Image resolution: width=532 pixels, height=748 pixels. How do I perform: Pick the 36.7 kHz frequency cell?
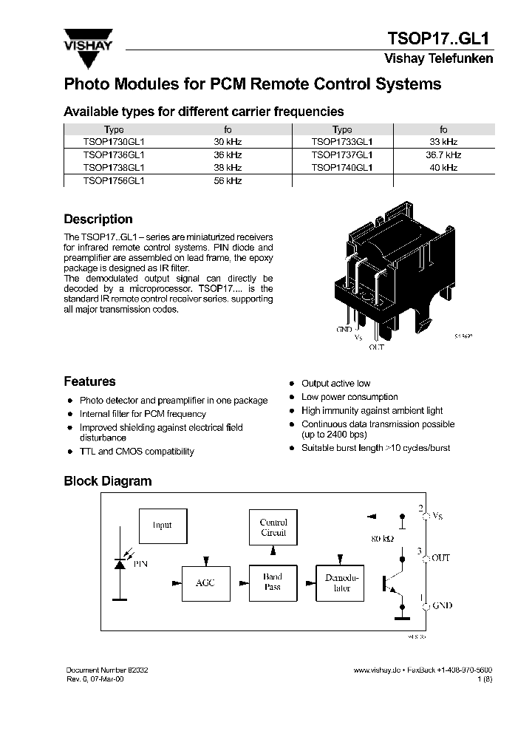click(443, 155)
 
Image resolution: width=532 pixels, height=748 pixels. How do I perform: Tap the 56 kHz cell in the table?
click(228, 180)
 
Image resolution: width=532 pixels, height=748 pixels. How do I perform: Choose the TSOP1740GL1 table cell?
click(342, 168)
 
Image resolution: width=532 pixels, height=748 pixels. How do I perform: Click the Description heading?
click(98, 220)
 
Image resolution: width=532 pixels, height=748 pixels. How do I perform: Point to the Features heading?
click(89, 382)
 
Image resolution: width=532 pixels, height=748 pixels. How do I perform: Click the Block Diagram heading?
click(107, 481)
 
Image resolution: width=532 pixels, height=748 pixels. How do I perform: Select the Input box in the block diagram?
click(162, 526)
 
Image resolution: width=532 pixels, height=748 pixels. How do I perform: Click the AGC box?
click(205, 583)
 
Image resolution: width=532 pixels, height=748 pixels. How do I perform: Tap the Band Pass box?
click(273, 582)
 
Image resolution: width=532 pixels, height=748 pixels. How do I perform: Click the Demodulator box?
click(341, 582)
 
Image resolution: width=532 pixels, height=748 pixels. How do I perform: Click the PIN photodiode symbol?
click(119, 563)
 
